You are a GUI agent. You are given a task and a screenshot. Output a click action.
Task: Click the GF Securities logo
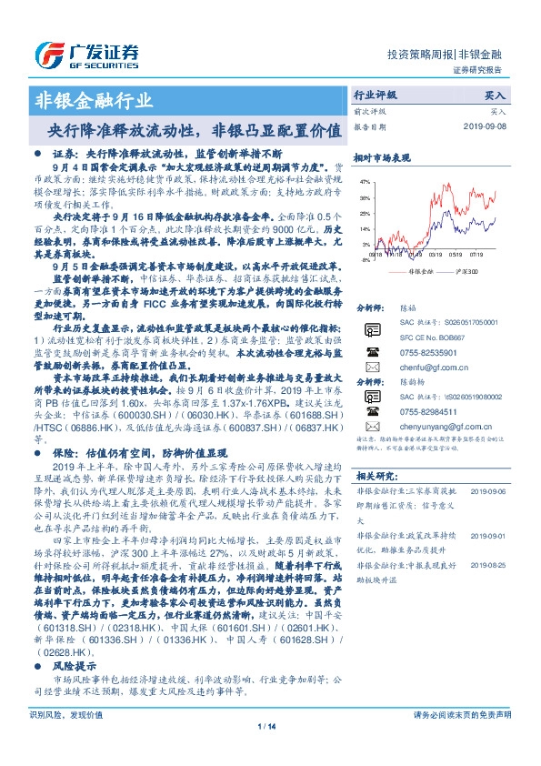[87, 55]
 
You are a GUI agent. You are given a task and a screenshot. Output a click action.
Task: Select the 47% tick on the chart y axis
[364, 182]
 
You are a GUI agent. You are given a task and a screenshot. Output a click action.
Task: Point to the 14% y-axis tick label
[364, 229]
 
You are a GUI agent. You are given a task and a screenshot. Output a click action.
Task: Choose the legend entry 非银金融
[421, 271]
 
